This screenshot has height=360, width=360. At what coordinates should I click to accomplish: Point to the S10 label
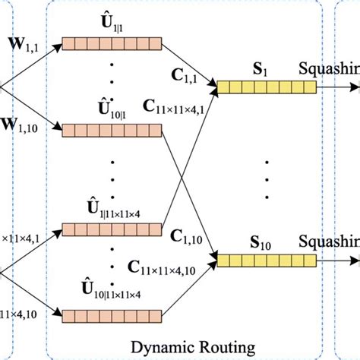266,245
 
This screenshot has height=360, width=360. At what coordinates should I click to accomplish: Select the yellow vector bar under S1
266,88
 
